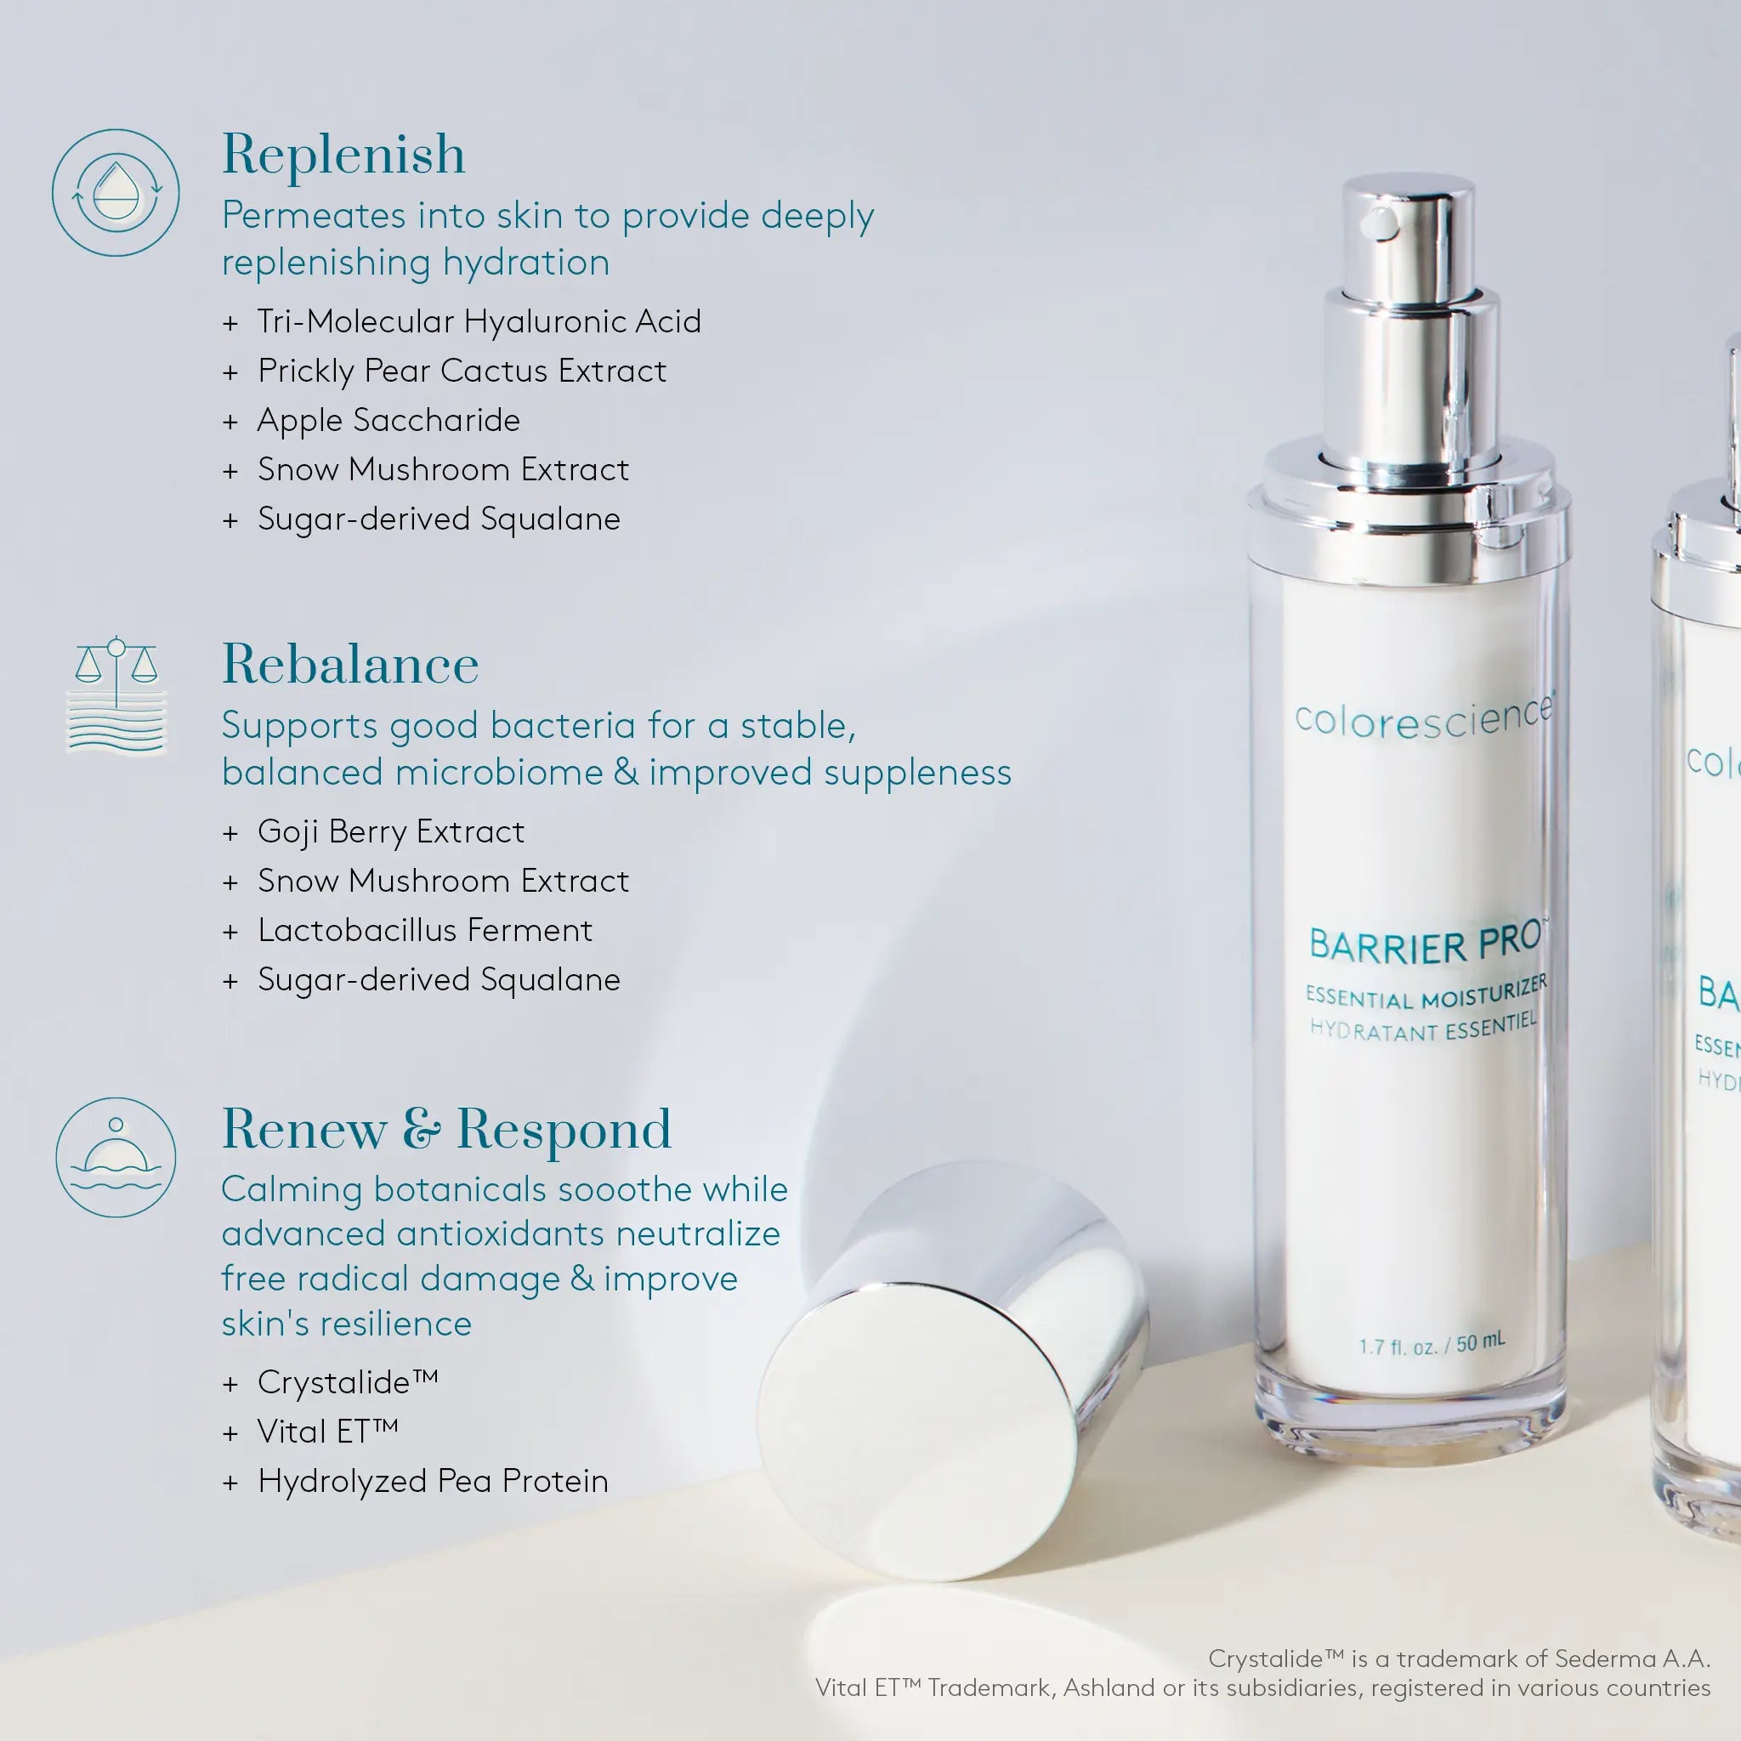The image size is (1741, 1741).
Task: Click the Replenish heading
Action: tap(343, 154)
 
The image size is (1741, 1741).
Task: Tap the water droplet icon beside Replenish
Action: tap(116, 192)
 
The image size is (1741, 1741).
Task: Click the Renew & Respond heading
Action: tap(446, 1128)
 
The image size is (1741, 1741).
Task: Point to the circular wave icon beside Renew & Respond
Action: tap(116, 1157)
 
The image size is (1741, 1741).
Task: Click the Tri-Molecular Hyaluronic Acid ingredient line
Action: tap(479, 320)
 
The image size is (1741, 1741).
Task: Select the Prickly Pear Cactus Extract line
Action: tap(462, 371)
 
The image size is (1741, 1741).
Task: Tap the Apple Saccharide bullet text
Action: tap(388, 420)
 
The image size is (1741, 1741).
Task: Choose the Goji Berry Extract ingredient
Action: tap(390, 831)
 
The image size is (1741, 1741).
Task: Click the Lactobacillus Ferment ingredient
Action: tap(424, 930)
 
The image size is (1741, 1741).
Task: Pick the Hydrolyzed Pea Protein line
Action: tap(433, 1481)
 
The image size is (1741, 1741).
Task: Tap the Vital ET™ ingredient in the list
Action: tap(327, 1431)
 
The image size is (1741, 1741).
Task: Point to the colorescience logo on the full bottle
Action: tap(1424, 717)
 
